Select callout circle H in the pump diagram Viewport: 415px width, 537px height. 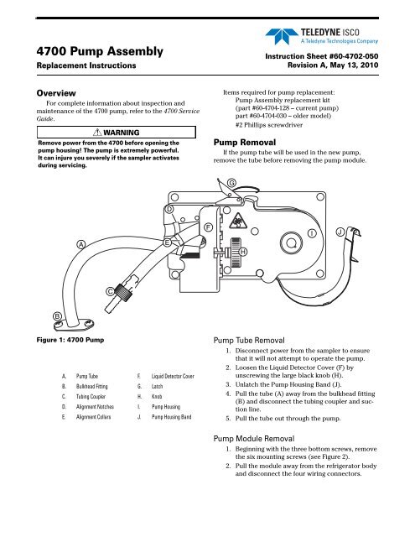point(242,252)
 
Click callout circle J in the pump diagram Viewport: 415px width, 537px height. point(340,231)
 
